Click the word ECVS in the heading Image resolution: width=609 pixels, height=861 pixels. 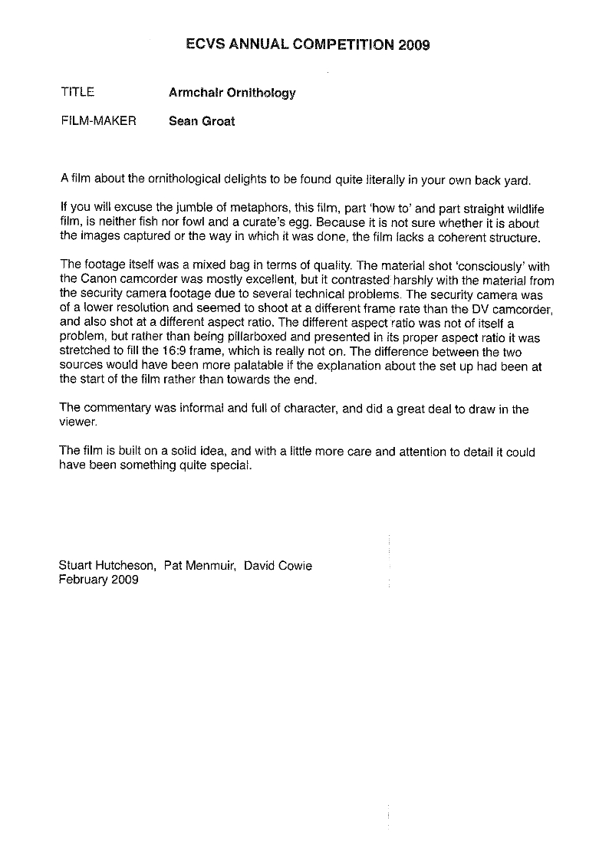(205, 44)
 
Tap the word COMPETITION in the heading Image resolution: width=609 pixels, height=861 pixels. (344, 44)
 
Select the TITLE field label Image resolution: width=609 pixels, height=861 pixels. (77, 92)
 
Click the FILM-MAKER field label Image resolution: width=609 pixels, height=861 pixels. (97, 120)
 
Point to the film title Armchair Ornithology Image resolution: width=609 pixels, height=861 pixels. (232, 93)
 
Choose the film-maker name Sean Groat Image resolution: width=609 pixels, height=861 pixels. (202, 120)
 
